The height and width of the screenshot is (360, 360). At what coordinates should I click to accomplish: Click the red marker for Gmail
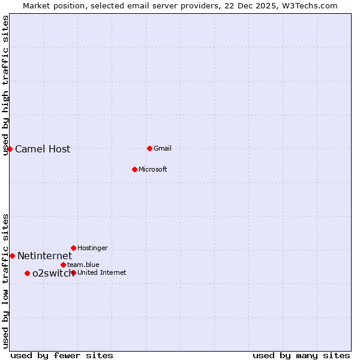tap(149, 148)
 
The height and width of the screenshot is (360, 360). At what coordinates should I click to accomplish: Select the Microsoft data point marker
tap(134, 169)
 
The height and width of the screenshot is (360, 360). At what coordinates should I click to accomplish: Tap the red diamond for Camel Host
tap(10, 149)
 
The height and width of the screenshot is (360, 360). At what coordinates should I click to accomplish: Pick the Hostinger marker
tap(73, 248)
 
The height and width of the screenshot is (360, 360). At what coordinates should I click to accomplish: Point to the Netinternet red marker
tap(12, 256)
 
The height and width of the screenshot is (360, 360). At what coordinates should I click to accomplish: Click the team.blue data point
tap(63, 265)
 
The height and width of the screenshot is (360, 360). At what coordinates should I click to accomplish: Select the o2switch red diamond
tap(27, 273)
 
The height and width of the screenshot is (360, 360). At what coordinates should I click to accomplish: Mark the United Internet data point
tap(73, 272)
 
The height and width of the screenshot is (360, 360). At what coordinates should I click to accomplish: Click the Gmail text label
tap(163, 149)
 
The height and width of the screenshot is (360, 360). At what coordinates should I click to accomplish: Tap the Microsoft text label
tap(152, 170)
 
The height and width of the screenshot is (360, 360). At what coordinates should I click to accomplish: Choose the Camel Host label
tap(43, 149)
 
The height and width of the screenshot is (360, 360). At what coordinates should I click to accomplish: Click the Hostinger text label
tap(92, 248)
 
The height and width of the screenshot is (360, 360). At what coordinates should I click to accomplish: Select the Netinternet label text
tap(44, 256)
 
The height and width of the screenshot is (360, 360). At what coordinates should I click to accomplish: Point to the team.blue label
tap(83, 265)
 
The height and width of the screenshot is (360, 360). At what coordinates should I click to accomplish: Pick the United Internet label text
tap(101, 273)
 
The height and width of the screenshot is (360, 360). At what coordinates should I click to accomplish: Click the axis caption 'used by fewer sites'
tap(62, 356)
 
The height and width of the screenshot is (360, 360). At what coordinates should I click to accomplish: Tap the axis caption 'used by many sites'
tap(301, 356)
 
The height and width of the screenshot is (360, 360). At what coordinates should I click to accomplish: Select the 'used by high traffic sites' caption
tap(5, 85)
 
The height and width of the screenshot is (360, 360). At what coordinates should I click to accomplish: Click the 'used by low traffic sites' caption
tap(5, 281)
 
